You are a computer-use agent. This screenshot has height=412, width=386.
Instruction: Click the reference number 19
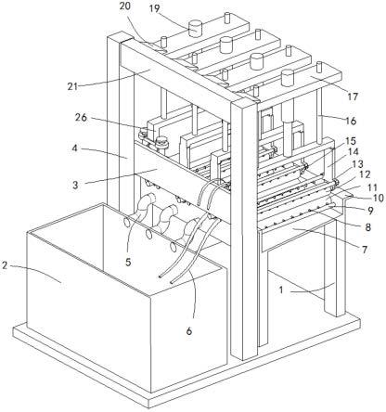coord(154,8)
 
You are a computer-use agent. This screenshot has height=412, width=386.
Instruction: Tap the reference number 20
coord(124,6)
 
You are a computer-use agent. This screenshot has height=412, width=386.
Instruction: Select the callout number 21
coord(72,86)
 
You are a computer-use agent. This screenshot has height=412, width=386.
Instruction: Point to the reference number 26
coord(82,118)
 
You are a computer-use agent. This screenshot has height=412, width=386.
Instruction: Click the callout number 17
coord(353,97)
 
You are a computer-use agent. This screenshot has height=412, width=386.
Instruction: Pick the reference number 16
coord(351,121)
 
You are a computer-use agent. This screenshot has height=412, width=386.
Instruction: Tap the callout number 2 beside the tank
coord(5,265)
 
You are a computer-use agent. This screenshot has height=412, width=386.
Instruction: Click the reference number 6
coord(189,331)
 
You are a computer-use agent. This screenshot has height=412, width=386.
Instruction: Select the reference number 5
coord(128,262)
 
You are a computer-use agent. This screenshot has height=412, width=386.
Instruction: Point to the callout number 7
coord(365,250)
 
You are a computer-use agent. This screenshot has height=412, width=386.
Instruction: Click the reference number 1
coord(281,290)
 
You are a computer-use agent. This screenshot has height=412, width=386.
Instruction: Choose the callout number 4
coord(74,148)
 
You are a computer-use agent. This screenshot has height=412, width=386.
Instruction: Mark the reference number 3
coord(75,185)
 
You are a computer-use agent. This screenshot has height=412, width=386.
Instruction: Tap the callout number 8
coord(367,227)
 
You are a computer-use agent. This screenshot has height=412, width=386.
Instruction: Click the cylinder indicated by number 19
coord(196,28)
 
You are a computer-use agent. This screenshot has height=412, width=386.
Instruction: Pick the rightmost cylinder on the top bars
coord(288,77)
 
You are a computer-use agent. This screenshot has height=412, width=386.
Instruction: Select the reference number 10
coord(378,198)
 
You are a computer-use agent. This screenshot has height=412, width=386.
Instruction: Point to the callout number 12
coord(365,174)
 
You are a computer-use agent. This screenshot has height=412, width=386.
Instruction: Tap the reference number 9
coord(370,211)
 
